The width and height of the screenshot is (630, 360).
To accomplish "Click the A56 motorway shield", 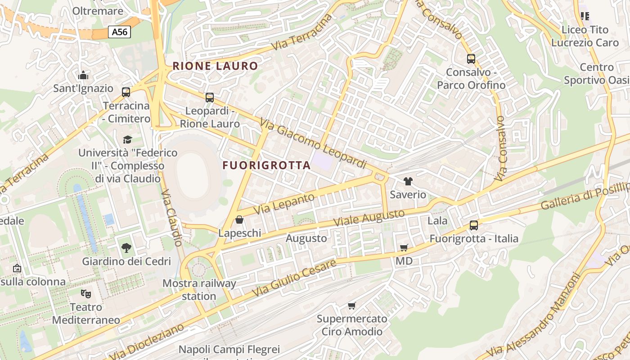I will pos(119,32).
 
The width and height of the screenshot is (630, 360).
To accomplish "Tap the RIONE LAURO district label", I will pos(215,66).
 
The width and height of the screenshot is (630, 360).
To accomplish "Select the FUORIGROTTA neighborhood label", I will pos(266,165).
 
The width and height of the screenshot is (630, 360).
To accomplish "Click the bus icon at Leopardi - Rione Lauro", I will pos(209,97).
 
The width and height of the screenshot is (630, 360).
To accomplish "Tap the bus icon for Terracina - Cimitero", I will pos(126,92).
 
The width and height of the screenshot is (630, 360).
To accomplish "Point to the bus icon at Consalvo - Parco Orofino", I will pos(471,59).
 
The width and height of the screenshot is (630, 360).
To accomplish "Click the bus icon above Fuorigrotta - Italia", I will pos(473,225).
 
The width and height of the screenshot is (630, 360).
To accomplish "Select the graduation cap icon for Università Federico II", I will pos(128,139).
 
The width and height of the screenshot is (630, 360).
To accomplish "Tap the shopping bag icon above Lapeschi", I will pos(239,220).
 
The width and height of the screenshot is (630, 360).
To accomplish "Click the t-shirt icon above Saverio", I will pos(408,181).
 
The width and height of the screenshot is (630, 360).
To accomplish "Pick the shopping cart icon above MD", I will pos(404,248).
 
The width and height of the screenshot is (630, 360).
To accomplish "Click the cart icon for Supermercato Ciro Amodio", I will pos(351,306).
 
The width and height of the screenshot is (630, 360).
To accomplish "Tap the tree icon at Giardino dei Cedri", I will pos(126,247).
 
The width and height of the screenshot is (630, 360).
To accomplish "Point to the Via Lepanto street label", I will pos(284,203).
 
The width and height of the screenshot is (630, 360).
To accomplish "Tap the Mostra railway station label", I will pos(199,290).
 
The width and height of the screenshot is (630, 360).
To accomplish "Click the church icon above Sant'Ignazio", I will pos(83,75).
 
